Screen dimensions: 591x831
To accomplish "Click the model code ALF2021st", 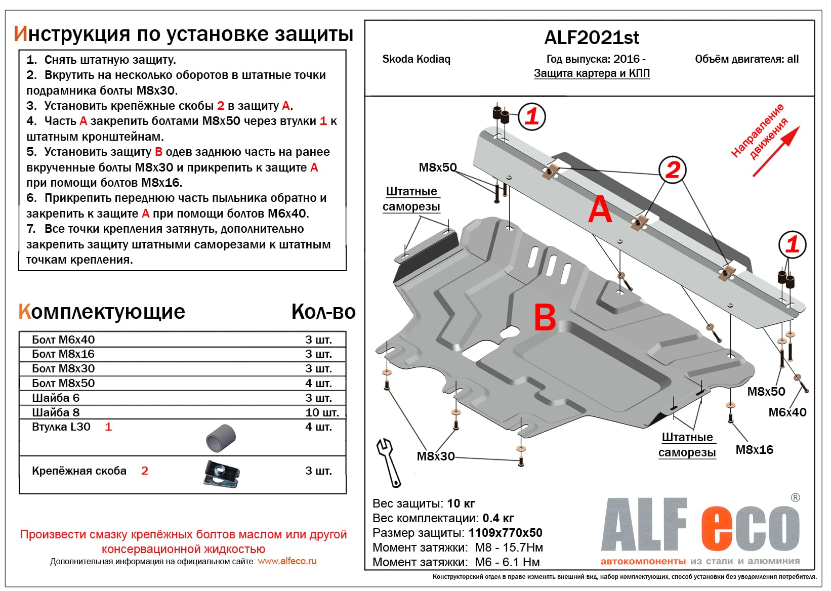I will [591, 38].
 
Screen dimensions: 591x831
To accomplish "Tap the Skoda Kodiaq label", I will [416, 59].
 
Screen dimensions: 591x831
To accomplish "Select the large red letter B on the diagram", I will [545, 317].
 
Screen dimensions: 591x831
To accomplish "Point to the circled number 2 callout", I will [672, 170].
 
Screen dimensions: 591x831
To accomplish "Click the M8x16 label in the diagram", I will [754, 450].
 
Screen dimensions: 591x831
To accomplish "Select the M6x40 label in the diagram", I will [787, 412].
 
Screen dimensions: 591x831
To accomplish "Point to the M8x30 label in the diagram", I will [436, 456].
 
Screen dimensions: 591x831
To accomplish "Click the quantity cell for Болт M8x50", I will [318, 383].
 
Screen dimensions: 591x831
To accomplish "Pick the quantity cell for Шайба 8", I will [321, 412].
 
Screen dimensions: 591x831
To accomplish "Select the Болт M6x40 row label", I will [63, 340].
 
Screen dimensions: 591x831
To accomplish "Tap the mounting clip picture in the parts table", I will [222, 474].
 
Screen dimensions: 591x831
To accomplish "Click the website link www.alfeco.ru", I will [287, 561].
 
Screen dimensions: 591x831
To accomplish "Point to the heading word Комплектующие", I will [102, 312].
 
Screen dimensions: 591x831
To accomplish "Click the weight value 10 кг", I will [461, 503].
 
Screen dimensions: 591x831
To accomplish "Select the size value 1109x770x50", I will [505, 533].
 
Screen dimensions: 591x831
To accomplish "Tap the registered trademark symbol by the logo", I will [795, 498].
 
